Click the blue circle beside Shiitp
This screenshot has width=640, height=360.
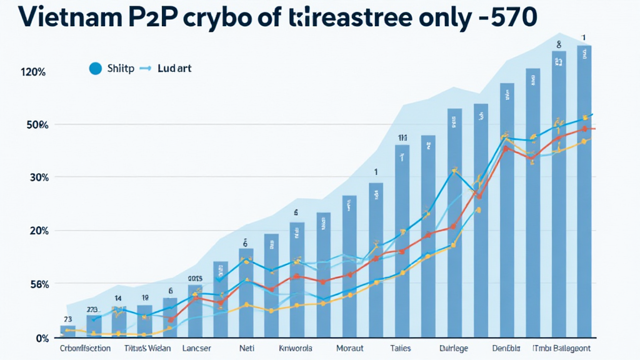pyautogui.click(x=95, y=69)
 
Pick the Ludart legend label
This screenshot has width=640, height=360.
pyautogui.click(x=175, y=69)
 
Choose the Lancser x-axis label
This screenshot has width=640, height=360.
pyautogui.click(x=196, y=349)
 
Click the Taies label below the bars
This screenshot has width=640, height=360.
pyautogui.click(x=400, y=349)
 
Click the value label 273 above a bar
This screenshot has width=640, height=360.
pyautogui.click(x=93, y=309)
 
